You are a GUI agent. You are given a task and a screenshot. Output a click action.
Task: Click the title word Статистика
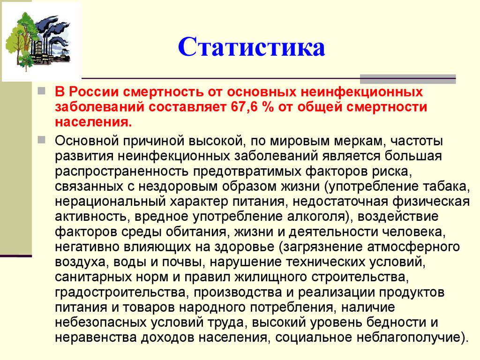click(251, 48)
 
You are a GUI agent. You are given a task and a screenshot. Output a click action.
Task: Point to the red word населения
click(92, 121)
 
